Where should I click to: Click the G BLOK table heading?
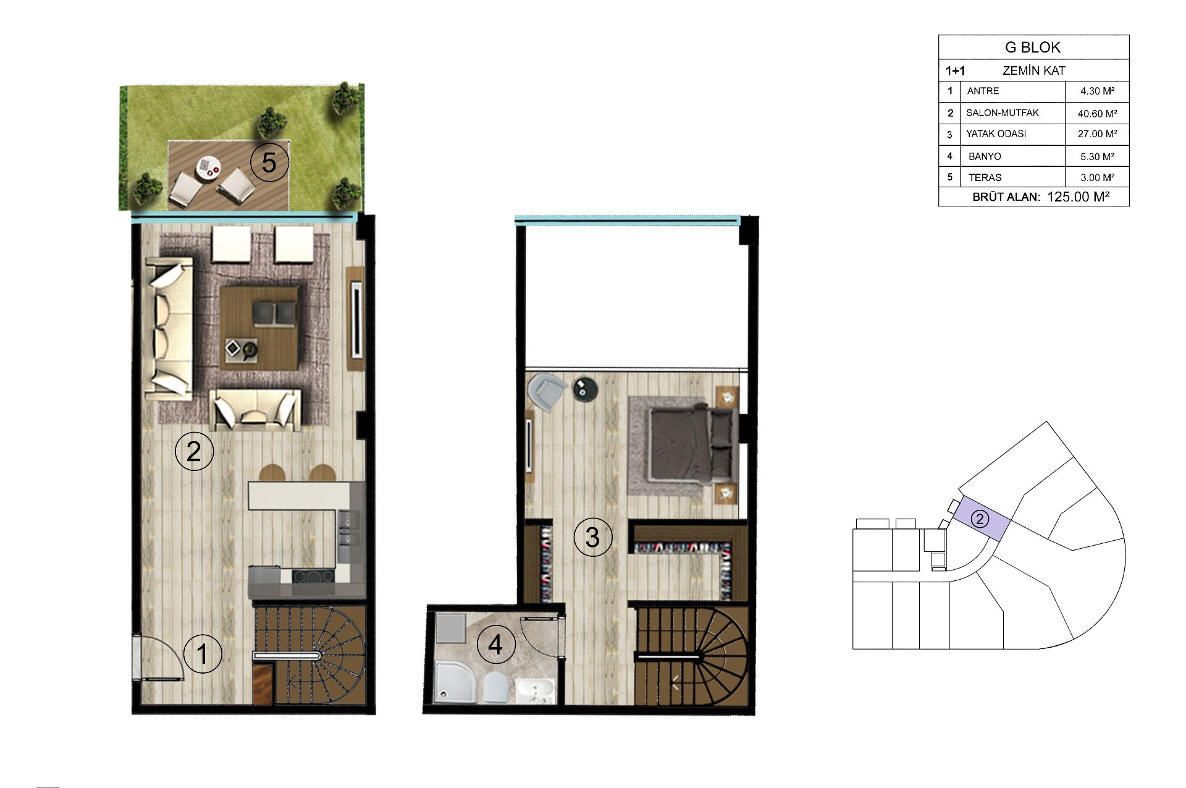(x=1033, y=48)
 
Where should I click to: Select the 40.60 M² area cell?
(x=1097, y=114)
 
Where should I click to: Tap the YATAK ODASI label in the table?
(x=996, y=133)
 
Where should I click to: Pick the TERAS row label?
(x=985, y=177)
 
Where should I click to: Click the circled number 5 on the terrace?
(x=269, y=163)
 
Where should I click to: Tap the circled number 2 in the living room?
(x=194, y=452)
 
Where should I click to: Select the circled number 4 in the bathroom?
(x=495, y=645)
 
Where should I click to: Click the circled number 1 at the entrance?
(x=203, y=654)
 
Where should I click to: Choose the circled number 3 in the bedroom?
(x=592, y=537)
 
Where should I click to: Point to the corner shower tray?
(x=455, y=682)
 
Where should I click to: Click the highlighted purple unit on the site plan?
(x=980, y=520)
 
